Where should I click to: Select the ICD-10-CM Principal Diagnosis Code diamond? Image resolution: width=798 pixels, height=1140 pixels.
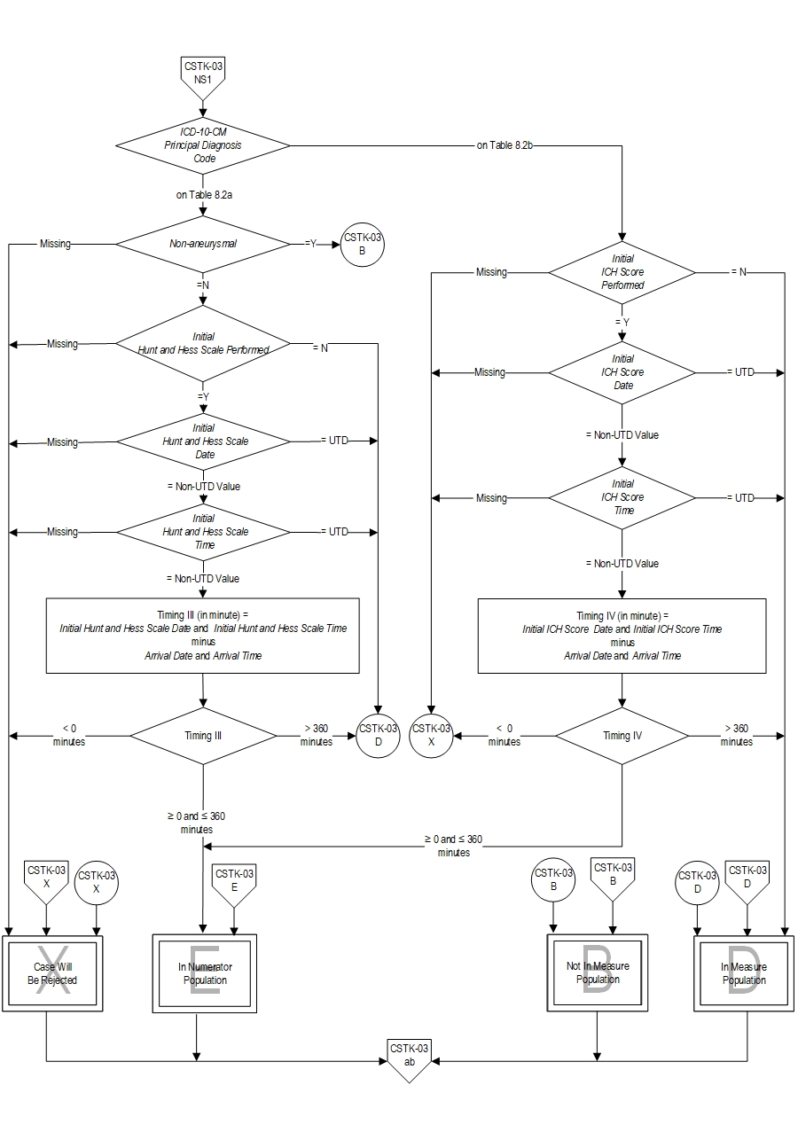click(204, 145)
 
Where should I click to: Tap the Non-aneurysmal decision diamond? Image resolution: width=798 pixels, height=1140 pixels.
click(204, 243)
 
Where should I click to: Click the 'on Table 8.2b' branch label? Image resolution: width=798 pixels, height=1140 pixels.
click(505, 145)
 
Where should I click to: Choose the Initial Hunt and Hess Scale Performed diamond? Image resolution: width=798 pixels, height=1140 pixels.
click(204, 343)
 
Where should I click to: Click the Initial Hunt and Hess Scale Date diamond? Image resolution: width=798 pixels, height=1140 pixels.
click(204, 441)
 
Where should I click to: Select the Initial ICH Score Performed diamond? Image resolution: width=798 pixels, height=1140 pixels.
click(622, 272)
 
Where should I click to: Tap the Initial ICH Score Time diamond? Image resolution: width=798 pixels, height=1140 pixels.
click(622, 497)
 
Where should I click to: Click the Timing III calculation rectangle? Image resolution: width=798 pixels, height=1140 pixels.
click(203, 636)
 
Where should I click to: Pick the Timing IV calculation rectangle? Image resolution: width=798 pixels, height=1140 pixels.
click(622, 636)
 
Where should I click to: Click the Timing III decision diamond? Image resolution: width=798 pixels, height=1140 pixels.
click(203, 736)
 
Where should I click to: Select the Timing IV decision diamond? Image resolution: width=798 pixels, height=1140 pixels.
click(622, 736)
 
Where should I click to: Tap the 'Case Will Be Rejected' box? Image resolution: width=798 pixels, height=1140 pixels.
click(53, 973)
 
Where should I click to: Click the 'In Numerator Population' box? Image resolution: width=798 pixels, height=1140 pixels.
click(205, 973)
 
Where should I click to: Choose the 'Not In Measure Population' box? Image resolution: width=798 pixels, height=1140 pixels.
click(597, 973)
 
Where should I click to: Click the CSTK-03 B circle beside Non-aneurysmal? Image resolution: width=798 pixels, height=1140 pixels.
click(364, 243)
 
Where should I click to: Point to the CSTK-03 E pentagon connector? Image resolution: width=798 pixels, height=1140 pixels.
click(234, 882)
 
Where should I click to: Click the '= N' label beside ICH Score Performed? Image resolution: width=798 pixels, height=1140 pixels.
click(738, 272)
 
